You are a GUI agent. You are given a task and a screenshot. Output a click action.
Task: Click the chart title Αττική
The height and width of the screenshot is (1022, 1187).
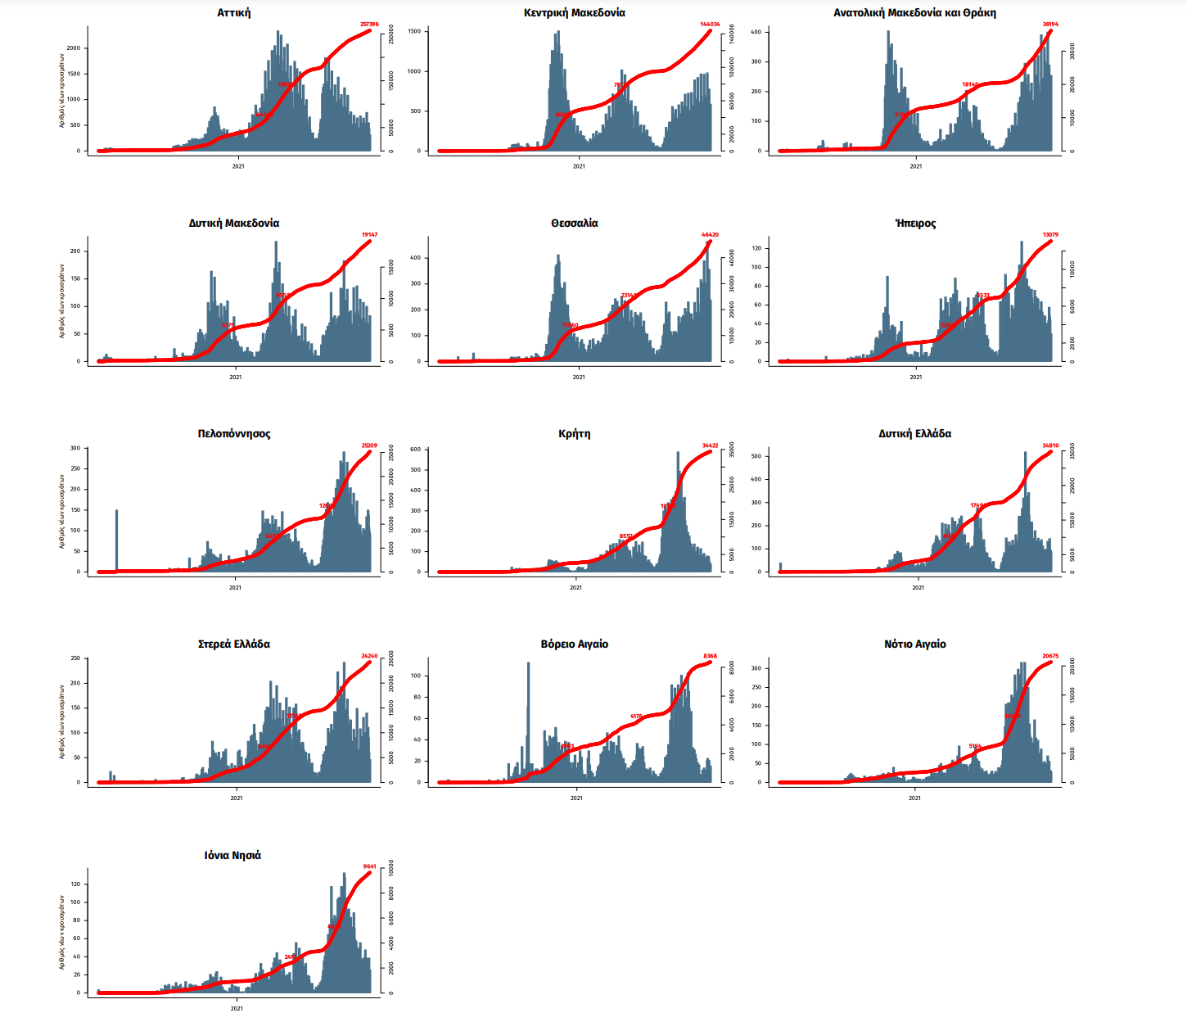tap(234, 13)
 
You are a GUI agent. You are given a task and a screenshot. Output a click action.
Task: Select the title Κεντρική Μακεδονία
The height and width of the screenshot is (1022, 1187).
tap(575, 13)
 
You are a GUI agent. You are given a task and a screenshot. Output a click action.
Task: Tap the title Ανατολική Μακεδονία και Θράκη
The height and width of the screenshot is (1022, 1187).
tap(914, 13)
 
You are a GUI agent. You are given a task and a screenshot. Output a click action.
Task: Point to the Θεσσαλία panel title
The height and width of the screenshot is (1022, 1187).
tap(575, 224)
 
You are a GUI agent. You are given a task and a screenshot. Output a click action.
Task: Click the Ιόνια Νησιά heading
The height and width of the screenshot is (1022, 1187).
tap(233, 856)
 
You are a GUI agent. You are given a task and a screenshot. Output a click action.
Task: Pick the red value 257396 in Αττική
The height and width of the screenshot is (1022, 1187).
tap(370, 25)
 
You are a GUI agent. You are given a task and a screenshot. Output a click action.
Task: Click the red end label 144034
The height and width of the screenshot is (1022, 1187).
tap(711, 25)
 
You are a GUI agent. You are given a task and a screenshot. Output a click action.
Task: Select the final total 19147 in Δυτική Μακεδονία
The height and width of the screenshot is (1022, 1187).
tap(370, 235)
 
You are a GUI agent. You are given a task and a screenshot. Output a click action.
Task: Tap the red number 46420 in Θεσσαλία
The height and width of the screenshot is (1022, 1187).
tap(711, 235)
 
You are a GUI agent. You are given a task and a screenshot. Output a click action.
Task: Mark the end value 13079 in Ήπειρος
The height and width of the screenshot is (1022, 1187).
tap(1050, 235)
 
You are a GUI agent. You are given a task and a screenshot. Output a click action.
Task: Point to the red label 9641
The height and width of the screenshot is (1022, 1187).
tap(370, 866)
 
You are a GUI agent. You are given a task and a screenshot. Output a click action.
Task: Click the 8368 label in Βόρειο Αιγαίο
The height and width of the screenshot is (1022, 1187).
tap(711, 656)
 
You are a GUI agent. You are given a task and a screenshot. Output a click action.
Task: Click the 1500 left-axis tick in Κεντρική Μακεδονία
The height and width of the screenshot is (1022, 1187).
tap(414, 31)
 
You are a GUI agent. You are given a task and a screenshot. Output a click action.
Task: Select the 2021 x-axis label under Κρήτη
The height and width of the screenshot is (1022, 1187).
tap(575, 587)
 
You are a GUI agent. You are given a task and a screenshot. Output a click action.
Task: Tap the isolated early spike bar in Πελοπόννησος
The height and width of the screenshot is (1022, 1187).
tap(116, 540)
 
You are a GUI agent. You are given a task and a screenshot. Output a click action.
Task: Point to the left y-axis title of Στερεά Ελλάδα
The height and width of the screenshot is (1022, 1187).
tap(61, 721)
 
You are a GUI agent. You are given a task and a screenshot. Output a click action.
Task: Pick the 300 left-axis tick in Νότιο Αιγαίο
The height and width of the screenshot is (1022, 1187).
tap(756, 668)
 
